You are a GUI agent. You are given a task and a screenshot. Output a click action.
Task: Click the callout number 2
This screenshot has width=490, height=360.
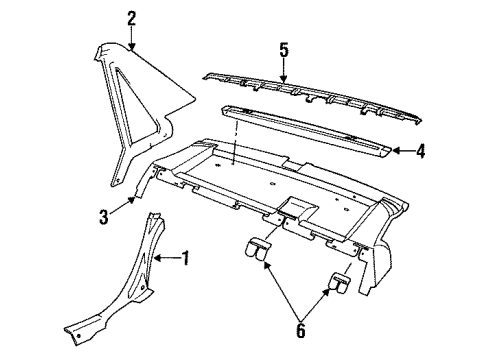[x=131, y=16]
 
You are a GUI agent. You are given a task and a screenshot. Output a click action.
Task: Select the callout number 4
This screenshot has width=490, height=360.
[x=421, y=152]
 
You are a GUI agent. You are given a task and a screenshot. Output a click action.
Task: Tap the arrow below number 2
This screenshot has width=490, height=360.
[x=131, y=37]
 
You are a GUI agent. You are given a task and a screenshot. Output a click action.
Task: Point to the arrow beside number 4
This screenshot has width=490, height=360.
[x=400, y=152]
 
